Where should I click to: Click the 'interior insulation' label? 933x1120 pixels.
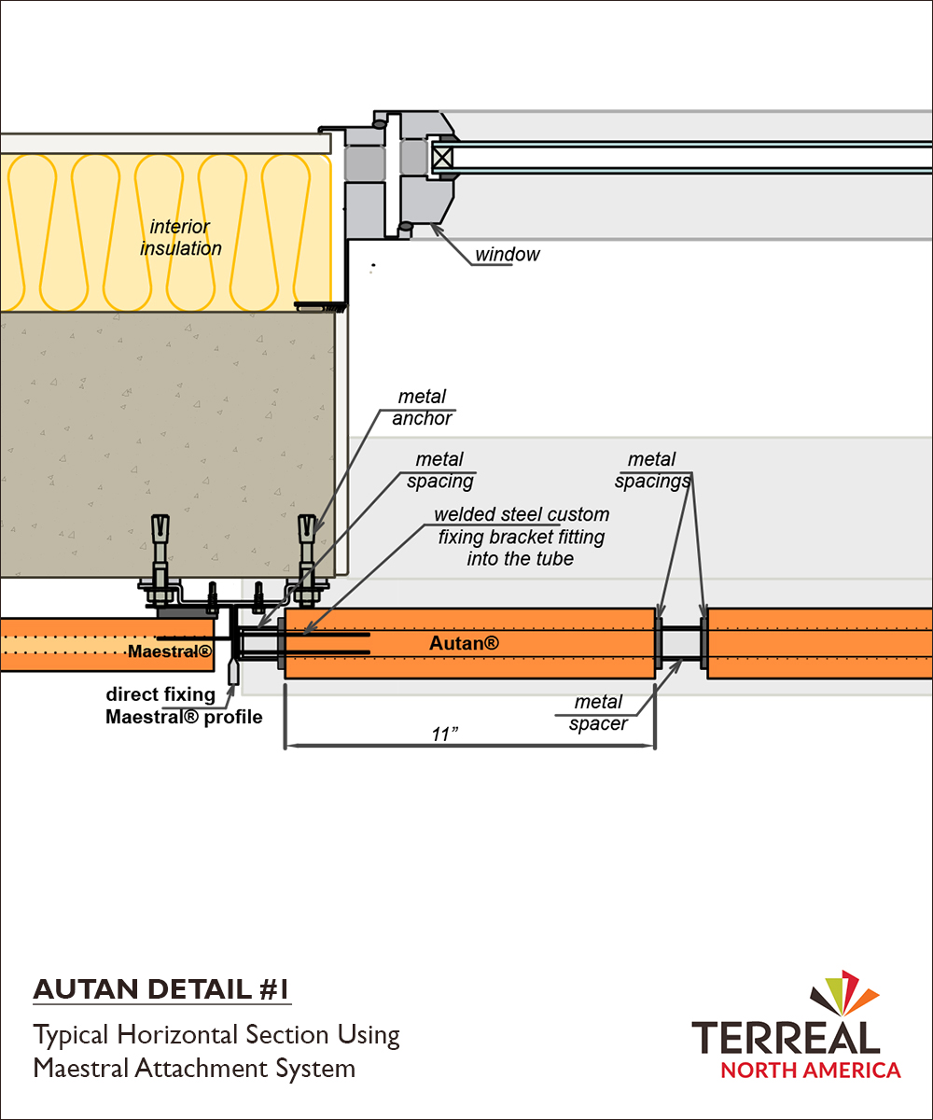[x=181, y=237]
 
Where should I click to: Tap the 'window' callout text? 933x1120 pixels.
[x=507, y=254]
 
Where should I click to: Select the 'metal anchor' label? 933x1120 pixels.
[x=422, y=408]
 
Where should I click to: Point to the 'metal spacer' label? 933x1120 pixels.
[x=598, y=713]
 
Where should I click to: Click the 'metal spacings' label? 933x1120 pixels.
[x=651, y=470]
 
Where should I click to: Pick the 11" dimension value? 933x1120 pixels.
[x=446, y=734]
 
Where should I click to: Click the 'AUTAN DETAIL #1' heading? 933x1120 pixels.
[x=161, y=989]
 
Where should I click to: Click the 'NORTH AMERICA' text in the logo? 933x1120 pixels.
[x=809, y=1070]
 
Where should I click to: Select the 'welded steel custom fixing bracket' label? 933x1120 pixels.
[x=522, y=537]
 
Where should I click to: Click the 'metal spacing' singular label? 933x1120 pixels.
[x=439, y=470]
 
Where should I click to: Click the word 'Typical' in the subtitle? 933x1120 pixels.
[x=72, y=1035]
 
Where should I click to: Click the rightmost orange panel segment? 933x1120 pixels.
[x=820, y=643]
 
